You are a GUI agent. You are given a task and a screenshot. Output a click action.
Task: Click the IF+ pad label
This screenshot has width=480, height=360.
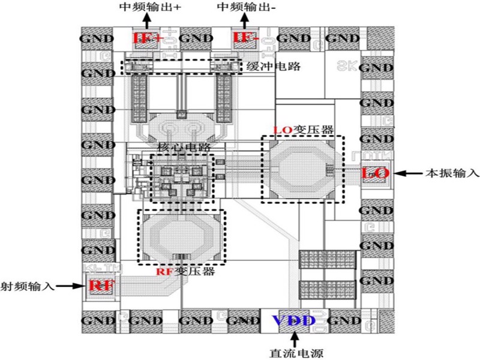[148, 38]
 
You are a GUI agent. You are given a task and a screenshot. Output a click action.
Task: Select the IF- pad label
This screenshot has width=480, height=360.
[246, 38]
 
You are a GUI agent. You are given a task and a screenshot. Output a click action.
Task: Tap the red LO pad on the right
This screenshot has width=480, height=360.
[376, 173]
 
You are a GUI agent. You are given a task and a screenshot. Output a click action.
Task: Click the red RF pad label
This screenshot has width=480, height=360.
[100, 286]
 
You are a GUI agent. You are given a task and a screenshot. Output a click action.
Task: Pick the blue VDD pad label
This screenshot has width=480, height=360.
[293, 320]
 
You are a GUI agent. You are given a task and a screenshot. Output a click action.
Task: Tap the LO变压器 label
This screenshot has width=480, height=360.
[304, 130]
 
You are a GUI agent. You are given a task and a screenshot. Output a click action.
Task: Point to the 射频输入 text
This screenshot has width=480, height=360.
[27, 286]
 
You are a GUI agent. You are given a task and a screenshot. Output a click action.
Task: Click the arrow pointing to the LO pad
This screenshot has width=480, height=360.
[408, 173]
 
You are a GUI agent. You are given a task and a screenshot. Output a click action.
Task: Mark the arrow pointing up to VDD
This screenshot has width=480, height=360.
[293, 338]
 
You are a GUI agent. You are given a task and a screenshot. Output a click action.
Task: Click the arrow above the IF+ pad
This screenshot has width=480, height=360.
[148, 21]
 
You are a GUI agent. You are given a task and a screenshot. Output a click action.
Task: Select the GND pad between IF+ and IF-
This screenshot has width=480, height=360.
[196, 38]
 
